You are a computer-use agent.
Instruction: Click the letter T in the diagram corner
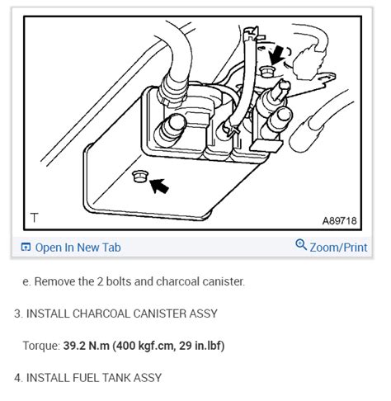(x=34, y=218)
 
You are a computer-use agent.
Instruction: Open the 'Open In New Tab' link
(x=78, y=247)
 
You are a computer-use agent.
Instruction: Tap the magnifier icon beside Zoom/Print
(x=301, y=246)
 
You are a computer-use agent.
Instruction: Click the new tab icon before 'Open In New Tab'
(x=26, y=247)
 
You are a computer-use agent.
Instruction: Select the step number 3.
(x=17, y=314)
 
